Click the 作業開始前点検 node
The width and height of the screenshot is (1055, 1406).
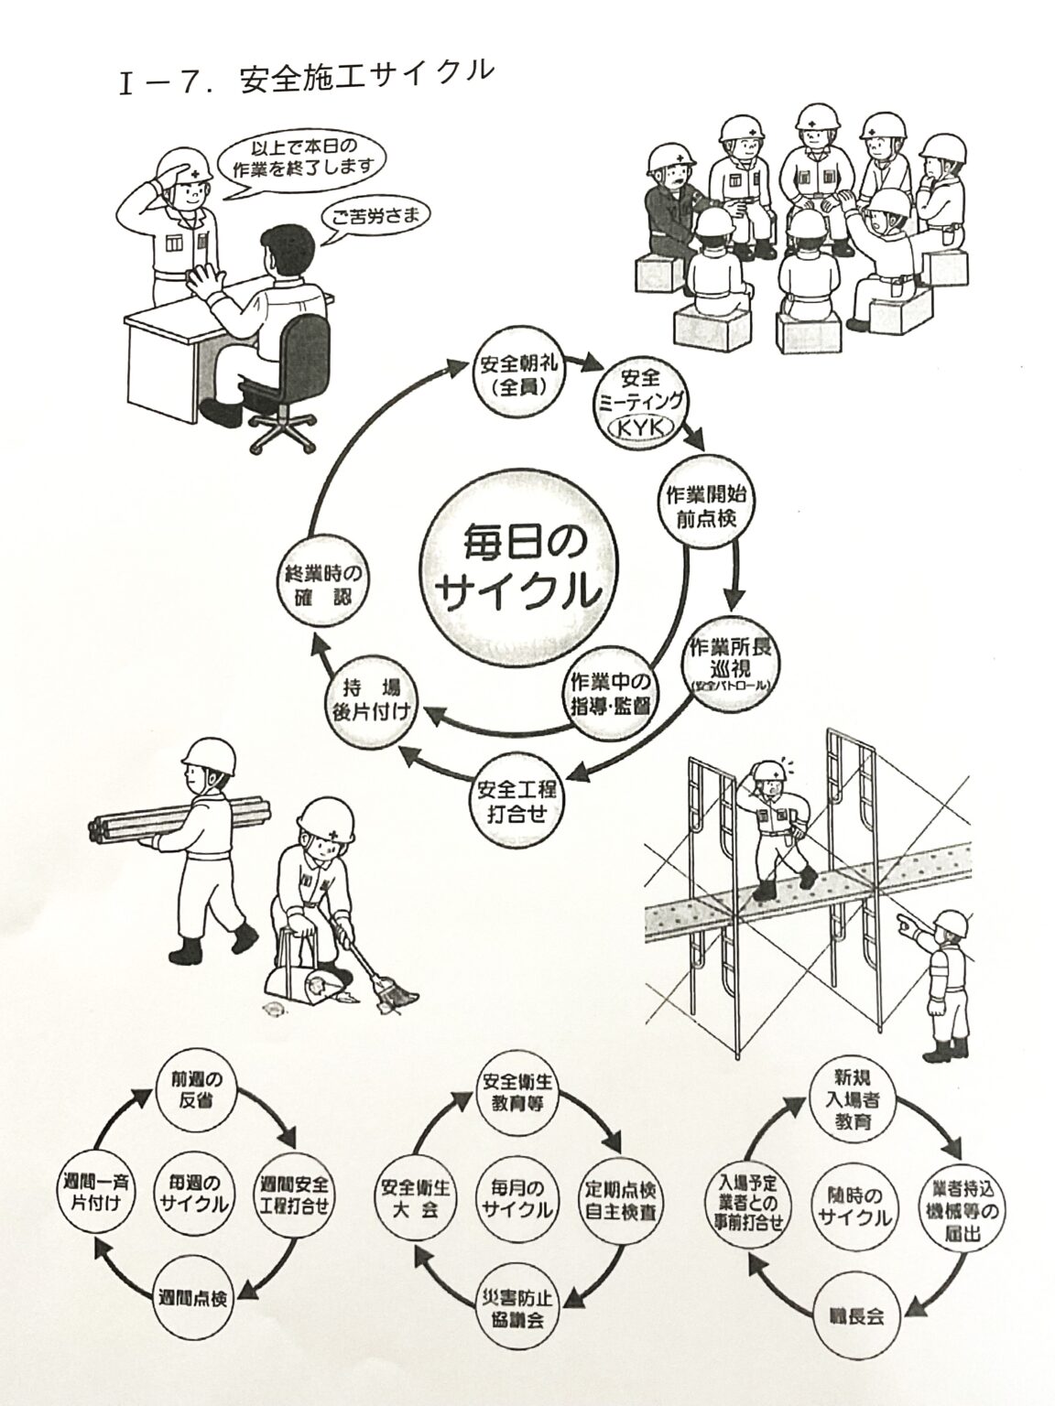pos(705,506)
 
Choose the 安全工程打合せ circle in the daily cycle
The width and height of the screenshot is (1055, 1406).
pos(518,797)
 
